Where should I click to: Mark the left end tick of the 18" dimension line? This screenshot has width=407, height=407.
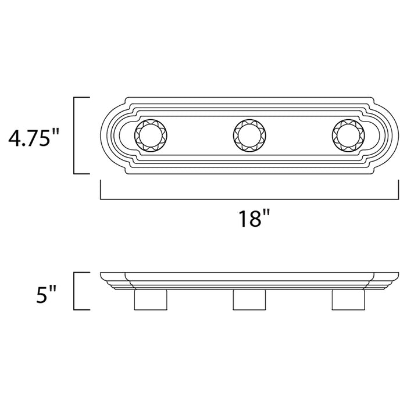coord(101,190)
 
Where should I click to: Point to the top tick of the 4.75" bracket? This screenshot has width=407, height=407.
coord(81,98)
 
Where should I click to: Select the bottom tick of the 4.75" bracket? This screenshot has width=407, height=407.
coord(81,173)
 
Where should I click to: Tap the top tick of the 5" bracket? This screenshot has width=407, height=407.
coord(81,273)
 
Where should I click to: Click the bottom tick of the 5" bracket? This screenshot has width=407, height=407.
coord(81,309)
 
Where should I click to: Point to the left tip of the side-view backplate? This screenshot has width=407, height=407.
coord(102,274)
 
